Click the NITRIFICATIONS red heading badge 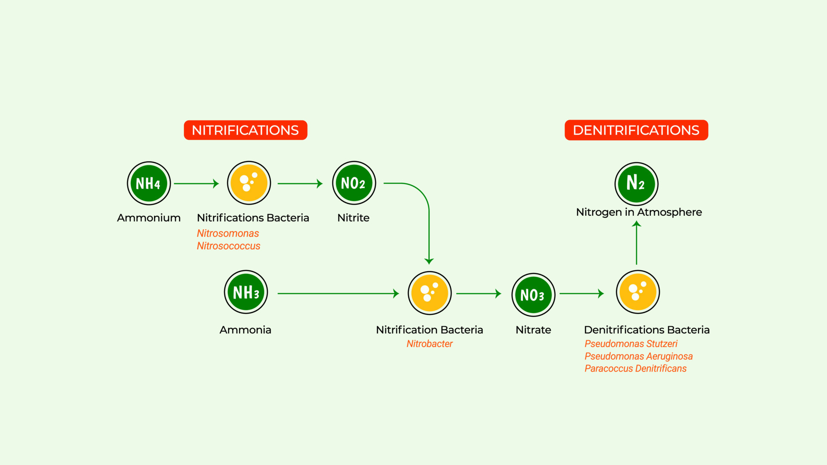click(x=246, y=130)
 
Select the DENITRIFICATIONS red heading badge click(x=636, y=130)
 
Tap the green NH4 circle click(x=149, y=183)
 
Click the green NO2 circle click(x=354, y=183)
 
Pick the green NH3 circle click(x=246, y=292)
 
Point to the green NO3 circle click(x=533, y=295)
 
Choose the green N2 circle click(x=636, y=184)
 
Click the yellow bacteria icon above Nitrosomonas click(x=249, y=183)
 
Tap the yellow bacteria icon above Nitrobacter click(x=429, y=293)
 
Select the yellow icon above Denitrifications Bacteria click(x=638, y=292)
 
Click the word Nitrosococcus click(x=228, y=246)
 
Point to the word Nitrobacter click(x=429, y=344)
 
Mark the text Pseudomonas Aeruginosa click(x=638, y=356)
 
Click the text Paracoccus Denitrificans click(x=635, y=369)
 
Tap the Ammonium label click(x=149, y=218)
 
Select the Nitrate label click(x=533, y=330)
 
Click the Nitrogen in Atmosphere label click(x=639, y=212)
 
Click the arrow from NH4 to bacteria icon click(x=196, y=183)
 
